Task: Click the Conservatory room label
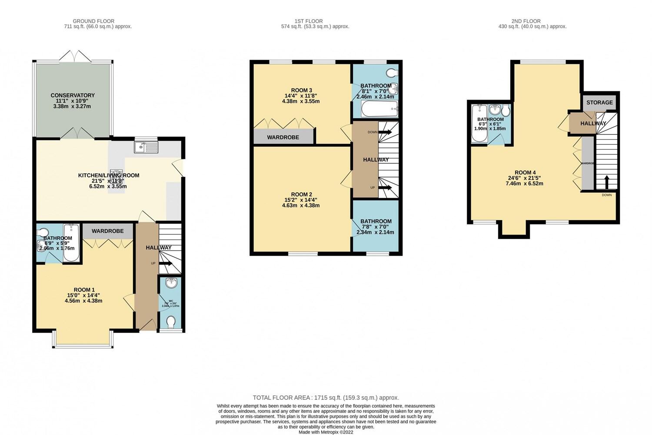point(73,95)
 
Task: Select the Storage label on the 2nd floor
point(599,103)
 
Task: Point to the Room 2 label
point(301,194)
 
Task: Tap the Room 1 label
point(84,290)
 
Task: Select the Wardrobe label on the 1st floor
point(283,137)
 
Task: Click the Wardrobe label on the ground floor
point(107,231)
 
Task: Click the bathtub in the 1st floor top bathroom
point(379,109)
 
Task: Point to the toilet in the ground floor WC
point(171,322)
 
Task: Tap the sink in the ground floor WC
point(172,283)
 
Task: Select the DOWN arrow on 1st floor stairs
point(384,132)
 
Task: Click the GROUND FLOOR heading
point(93,21)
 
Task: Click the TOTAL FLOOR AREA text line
point(326,398)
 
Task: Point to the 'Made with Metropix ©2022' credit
point(326,432)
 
